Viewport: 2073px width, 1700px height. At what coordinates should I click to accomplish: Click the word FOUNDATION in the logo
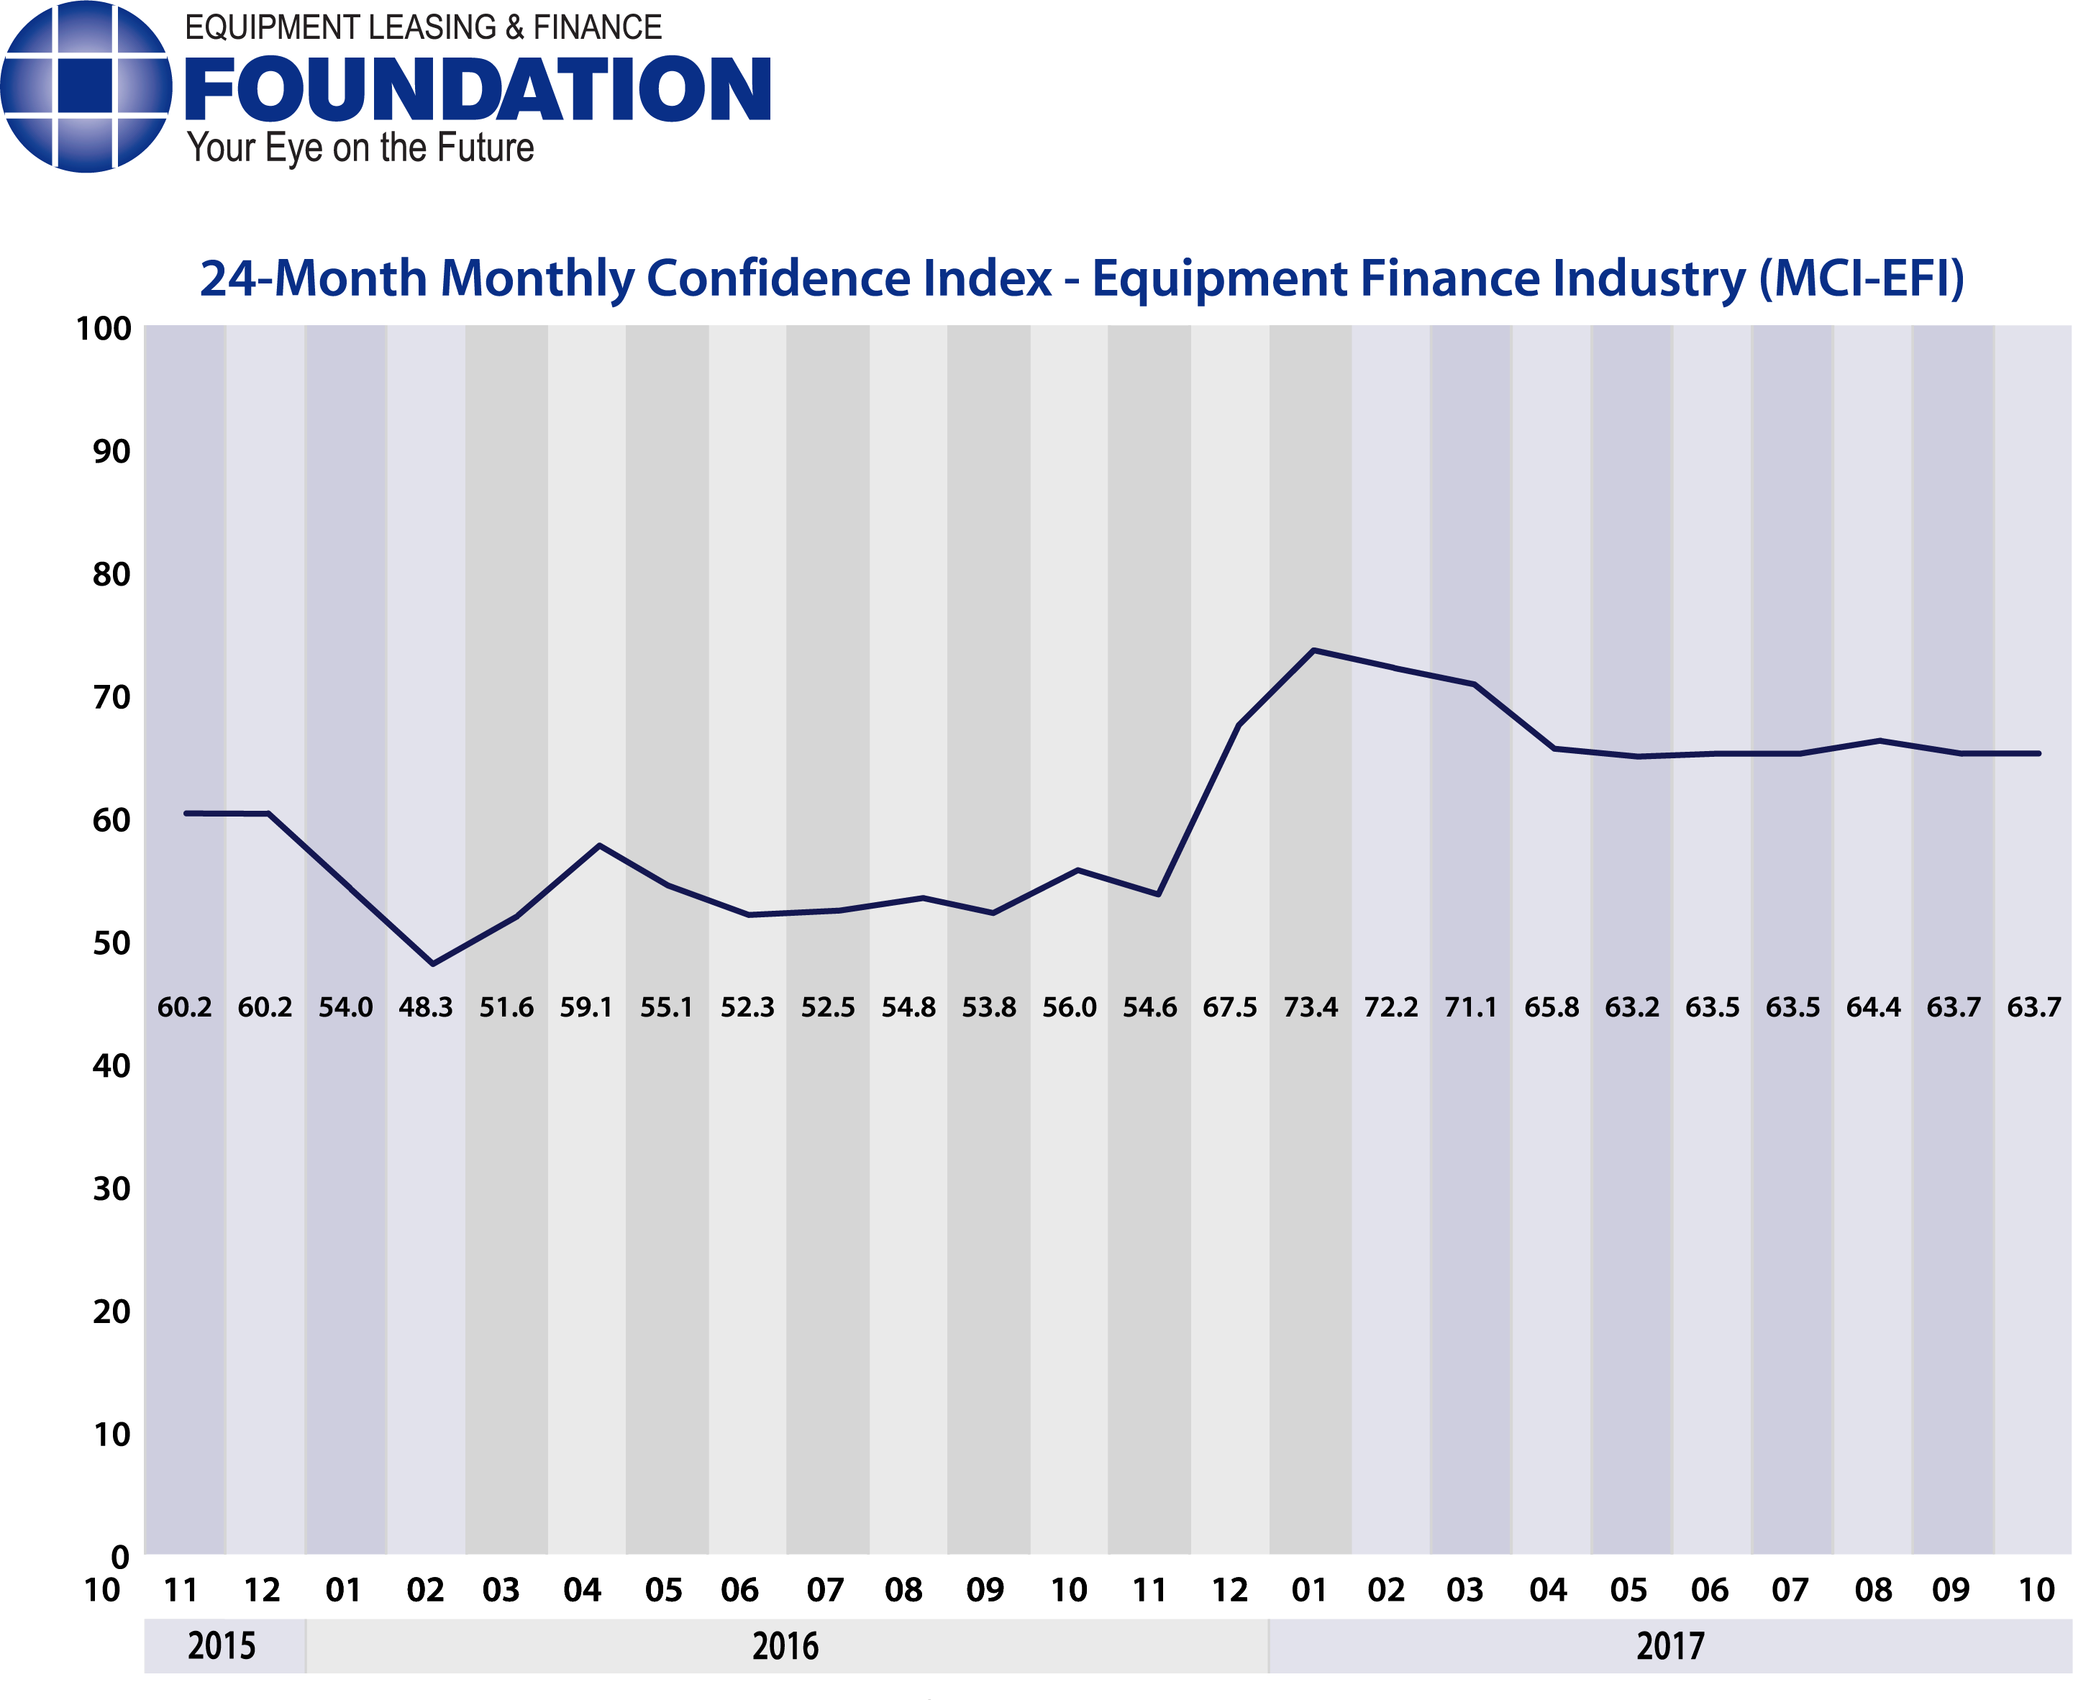[x=477, y=89]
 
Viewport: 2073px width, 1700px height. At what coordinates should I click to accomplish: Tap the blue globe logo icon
[x=86, y=87]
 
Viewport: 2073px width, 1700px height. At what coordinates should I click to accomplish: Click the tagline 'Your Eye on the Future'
[x=360, y=148]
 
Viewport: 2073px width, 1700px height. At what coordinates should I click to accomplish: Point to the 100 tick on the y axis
[x=103, y=329]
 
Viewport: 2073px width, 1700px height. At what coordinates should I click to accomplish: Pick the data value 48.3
[x=425, y=1008]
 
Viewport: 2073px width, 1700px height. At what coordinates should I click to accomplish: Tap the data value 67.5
[x=1229, y=1008]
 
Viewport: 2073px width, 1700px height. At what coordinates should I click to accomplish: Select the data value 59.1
[x=586, y=1008]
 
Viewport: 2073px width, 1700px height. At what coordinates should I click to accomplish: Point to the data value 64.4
[x=1872, y=1008]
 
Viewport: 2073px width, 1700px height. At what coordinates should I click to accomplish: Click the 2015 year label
[x=222, y=1646]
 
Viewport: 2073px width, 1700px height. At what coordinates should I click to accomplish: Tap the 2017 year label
[x=1669, y=1646]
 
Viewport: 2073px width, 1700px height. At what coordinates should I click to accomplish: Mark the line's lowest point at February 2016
[x=433, y=963]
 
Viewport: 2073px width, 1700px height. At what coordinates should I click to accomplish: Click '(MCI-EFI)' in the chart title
[x=1861, y=279]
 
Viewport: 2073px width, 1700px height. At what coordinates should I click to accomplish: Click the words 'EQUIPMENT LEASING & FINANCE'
[x=423, y=27]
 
